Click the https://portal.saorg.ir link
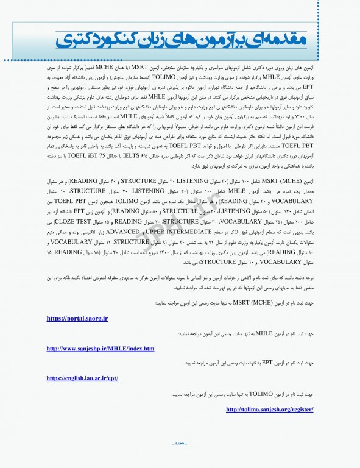click(77, 318)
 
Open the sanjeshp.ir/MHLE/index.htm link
click(101, 348)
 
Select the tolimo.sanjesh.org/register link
click(270, 409)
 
